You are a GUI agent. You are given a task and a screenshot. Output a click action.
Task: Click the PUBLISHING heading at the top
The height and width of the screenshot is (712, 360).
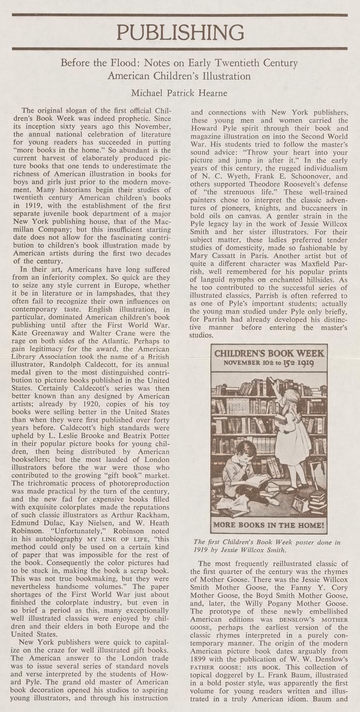180,32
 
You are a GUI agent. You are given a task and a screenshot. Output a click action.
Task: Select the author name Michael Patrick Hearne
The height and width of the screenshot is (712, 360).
179,93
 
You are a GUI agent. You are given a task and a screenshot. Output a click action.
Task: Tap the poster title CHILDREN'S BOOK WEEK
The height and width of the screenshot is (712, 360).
269,354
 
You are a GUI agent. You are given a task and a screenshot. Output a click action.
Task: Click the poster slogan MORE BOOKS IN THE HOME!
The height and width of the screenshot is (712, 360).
269,527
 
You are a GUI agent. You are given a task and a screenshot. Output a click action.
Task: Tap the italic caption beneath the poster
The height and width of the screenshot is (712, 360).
267,546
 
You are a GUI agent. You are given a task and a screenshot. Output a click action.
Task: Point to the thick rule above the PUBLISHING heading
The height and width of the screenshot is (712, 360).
180,15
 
